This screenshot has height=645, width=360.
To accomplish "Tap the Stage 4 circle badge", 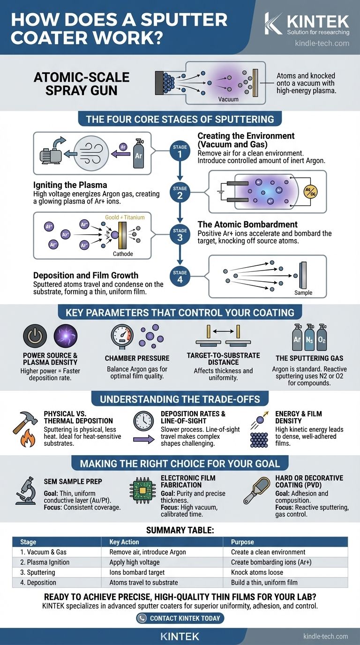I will pyautogui.click(x=180, y=277).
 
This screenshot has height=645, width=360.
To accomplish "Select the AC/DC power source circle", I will pyautogui.click(x=310, y=193).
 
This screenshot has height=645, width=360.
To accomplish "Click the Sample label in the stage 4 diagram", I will pyautogui.click(x=303, y=292).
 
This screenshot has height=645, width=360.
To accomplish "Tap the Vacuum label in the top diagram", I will pyautogui.click(x=228, y=99).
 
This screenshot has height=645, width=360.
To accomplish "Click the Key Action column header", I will pyautogui.click(x=124, y=542).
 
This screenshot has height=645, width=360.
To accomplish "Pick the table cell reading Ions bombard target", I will pyautogui.click(x=135, y=572).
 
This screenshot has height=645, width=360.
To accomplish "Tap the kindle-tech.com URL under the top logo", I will pyautogui.click(x=322, y=43).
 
